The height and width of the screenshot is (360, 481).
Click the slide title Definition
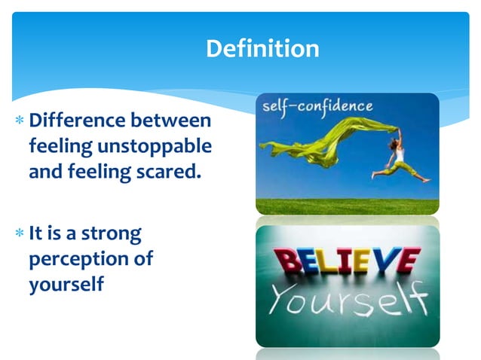(x=262, y=49)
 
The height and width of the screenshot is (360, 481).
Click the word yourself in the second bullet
(x=66, y=284)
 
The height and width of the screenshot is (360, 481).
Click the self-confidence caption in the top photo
(x=317, y=107)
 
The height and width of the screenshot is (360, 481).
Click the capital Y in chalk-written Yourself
(x=284, y=301)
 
